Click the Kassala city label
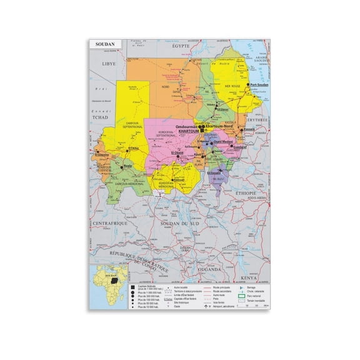pos(249,130)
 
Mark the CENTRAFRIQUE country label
pos(106,222)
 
